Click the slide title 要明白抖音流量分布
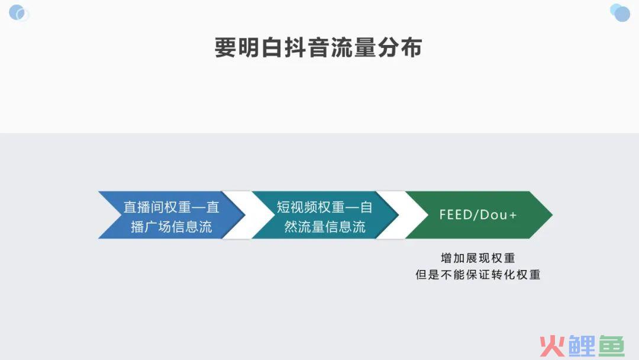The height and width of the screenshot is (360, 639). click(x=318, y=48)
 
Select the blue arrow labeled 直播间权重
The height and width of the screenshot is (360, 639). click(x=172, y=215)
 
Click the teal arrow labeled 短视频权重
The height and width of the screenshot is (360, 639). click(x=325, y=215)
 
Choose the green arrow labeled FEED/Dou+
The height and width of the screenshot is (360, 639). click(x=479, y=215)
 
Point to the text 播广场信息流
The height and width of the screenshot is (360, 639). click(x=172, y=227)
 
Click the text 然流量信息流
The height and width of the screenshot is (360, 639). click(x=325, y=227)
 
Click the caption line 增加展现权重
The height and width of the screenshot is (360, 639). click(x=478, y=258)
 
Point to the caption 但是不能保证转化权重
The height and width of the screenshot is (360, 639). click(x=478, y=275)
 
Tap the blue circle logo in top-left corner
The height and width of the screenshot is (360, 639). click(x=19, y=12)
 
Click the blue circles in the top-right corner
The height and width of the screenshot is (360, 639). click(x=620, y=12)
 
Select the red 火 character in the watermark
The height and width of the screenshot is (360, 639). click(x=553, y=346)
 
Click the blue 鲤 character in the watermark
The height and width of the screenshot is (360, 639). click(x=582, y=346)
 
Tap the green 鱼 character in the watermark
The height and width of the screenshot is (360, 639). click(x=611, y=346)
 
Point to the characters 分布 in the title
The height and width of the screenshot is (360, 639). click(x=400, y=48)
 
